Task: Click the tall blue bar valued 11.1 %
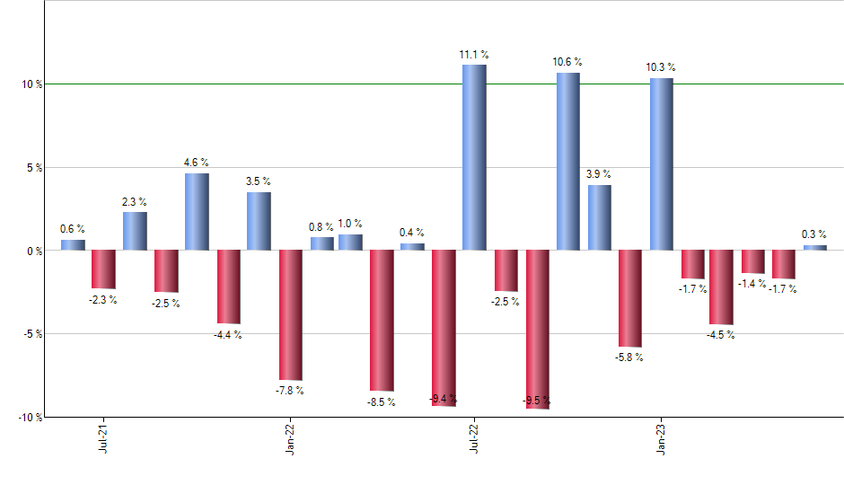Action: pyautogui.click(x=474, y=157)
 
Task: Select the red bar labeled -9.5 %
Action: pyautogui.click(x=537, y=329)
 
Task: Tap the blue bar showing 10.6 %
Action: pyautogui.click(x=567, y=162)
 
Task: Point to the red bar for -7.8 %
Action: pyautogui.click(x=290, y=314)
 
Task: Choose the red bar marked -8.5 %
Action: pyautogui.click(x=382, y=321)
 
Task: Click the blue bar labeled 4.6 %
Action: pyautogui.click(x=197, y=211)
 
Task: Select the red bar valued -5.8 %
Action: pyautogui.click(x=629, y=298)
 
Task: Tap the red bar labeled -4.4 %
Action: pyautogui.click(x=228, y=287)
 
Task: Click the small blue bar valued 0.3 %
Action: pyautogui.click(x=814, y=247)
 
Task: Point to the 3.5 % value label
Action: pyautogui.click(x=259, y=181)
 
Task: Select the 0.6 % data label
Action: pyautogui.click(x=73, y=229)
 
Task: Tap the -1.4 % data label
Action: pyautogui.click(x=753, y=284)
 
